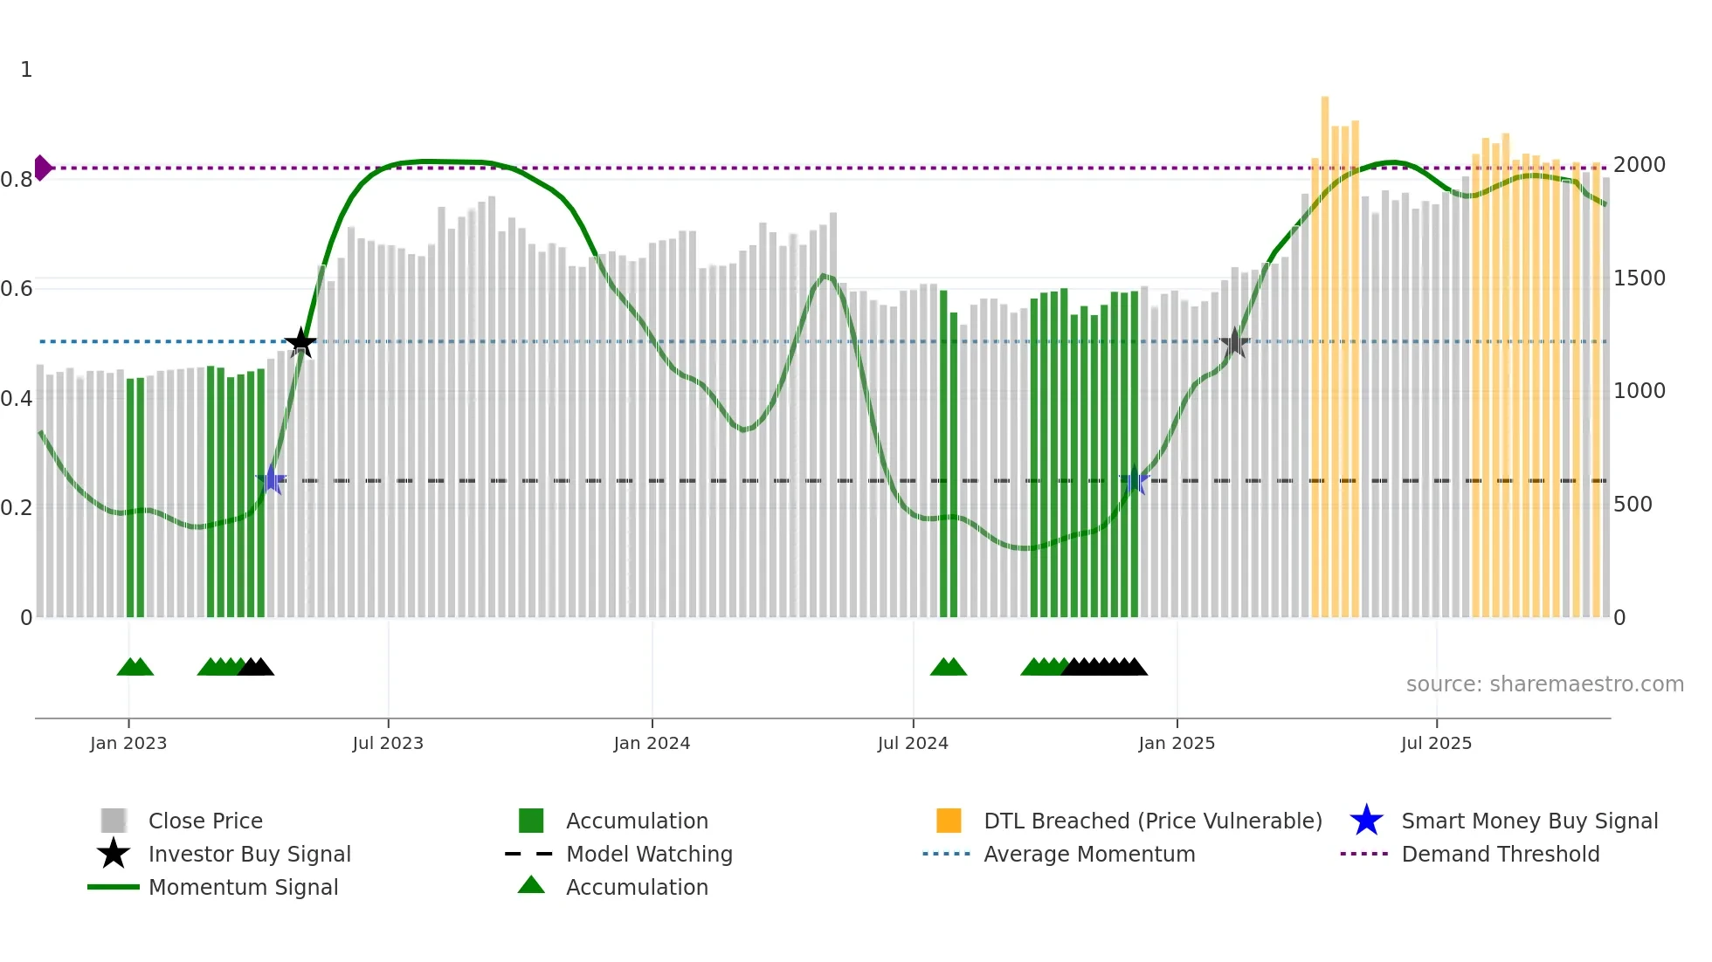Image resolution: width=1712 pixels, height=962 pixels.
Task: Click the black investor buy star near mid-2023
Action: pos(300,342)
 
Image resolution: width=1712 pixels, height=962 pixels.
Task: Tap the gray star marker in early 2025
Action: pos(1234,342)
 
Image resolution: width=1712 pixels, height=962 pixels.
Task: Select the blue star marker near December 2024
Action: pos(1134,480)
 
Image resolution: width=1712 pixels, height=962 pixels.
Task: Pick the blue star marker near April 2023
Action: pos(272,480)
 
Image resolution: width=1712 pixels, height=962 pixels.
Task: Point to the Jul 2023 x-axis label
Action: pos(388,743)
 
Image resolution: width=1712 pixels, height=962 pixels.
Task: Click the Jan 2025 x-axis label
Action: pos(1177,743)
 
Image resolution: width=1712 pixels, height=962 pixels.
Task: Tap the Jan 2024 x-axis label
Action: pos(652,743)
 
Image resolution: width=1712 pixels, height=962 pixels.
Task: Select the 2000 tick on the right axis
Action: pos(1640,165)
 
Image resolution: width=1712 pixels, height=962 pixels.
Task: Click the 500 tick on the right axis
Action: pos(1633,505)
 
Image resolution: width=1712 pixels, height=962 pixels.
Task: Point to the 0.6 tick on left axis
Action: pos(17,289)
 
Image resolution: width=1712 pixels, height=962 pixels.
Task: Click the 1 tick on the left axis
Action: pos(26,70)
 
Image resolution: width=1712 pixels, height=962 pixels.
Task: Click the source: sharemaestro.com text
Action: pos(1544,684)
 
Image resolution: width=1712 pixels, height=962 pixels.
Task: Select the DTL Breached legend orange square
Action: pos(949,821)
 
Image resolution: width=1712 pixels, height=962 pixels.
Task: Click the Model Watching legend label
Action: pos(649,854)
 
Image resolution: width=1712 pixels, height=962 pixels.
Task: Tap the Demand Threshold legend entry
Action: pos(1500,854)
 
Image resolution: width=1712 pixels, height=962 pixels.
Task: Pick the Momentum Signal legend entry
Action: pos(243,887)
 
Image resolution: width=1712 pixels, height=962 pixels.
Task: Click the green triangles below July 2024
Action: pos(949,667)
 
